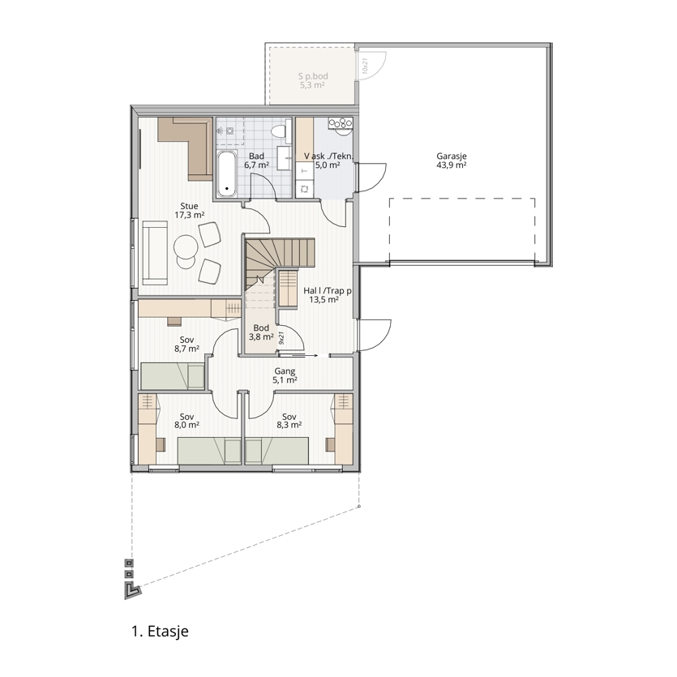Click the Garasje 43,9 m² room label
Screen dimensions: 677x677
click(451, 161)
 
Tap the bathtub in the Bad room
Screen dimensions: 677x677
click(227, 174)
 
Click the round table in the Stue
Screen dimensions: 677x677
click(186, 247)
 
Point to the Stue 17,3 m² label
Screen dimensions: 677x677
click(189, 210)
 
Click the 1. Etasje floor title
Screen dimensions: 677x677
click(160, 632)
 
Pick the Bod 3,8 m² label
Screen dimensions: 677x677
click(261, 332)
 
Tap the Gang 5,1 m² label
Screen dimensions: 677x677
click(285, 375)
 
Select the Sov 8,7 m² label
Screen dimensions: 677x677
click(186, 345)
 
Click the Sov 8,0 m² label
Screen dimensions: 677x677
click(186, 421)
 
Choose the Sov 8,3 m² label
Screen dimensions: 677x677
click(289, 421)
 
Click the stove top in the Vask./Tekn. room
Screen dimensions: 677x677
click(341, 123)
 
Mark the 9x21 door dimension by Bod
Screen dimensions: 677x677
click(281, 337)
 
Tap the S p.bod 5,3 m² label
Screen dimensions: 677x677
click(313, 81)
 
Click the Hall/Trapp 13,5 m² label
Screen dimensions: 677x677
click(327, 295)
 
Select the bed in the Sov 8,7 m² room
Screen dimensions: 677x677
click(173, 376)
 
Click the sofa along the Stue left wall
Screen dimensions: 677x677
click(155, 253)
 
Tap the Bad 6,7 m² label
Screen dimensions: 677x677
click(256, 161)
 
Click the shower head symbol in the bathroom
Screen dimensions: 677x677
click(221, 130)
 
